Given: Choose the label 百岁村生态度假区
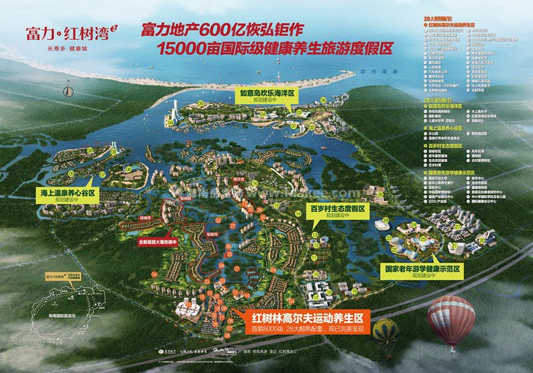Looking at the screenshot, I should tap(338, 209).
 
